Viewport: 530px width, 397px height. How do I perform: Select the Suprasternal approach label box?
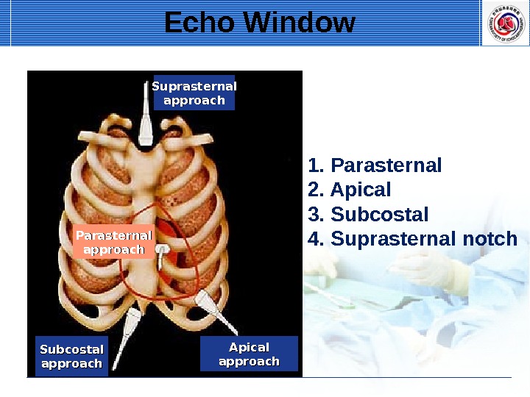(x=194, y=93)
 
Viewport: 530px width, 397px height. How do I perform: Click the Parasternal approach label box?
(x=113, y=243)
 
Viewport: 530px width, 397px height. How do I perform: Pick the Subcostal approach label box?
(x=71, y=356)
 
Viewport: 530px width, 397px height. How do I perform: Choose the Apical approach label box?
(x=249, y=354)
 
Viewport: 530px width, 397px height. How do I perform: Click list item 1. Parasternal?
(x=375, y=165)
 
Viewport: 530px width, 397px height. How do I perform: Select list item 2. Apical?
(x=350, y=190)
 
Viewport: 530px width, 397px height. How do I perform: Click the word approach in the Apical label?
(x=249, y=361)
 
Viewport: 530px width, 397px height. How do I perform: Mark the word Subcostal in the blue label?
(x=71, y=349)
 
